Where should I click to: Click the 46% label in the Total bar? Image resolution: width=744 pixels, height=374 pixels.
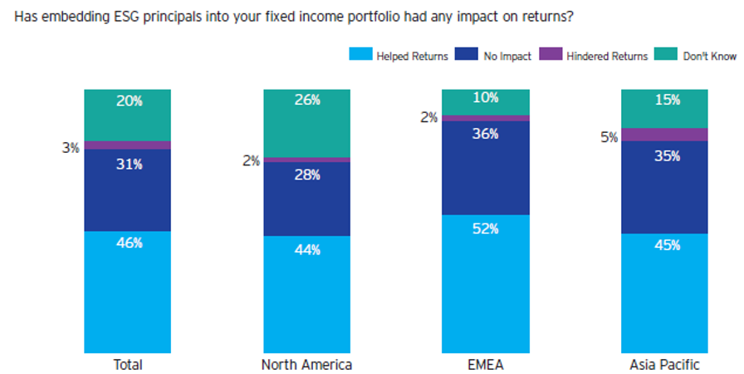(128, 244)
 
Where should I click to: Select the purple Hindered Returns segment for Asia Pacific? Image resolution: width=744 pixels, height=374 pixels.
(664, 135)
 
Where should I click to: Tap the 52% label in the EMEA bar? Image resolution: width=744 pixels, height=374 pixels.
(486, 229)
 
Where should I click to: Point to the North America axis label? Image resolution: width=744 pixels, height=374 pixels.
(306, 365)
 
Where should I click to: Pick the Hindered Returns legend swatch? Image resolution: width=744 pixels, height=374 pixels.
(551, 56)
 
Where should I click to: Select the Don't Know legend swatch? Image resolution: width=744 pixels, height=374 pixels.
(664, 56)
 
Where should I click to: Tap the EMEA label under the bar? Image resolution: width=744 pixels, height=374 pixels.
(486, 365)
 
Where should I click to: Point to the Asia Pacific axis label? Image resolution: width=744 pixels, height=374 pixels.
(664, 365)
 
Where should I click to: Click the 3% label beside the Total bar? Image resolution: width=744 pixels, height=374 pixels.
(71, 149)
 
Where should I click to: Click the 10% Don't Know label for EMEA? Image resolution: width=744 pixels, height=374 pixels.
(486, 97)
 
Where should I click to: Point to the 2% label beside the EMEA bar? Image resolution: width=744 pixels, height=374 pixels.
(428, 118)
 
